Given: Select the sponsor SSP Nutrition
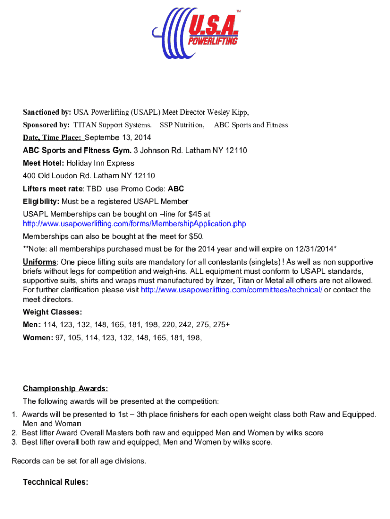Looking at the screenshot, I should [182, 125].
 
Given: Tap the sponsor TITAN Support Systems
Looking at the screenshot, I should [112, 125].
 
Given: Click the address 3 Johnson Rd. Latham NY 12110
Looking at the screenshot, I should [190, 151].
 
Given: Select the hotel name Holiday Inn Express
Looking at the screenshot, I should [100, 163].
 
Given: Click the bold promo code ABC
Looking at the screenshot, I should [176, 189].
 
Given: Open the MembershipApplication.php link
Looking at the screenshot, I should [134, 224].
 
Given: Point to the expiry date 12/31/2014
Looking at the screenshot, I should [316, 249].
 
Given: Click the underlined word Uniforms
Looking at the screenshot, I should [39, 262].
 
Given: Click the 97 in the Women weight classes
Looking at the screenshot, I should [60, 337].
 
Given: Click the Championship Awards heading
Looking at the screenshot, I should [65, 389].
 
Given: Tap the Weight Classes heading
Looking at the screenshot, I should [52, 312].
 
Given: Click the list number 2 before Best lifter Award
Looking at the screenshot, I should [14, 433].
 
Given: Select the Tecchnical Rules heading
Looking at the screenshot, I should [55, 482].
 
